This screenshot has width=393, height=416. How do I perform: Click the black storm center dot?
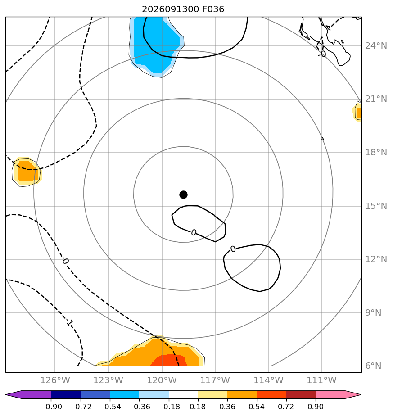[183, 195]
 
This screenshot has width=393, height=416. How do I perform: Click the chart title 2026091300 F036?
[183, 9]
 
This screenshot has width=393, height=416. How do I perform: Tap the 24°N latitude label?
[376, 46]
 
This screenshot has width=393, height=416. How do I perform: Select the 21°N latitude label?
[376, 99]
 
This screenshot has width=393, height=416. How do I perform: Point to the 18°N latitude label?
[376, 153]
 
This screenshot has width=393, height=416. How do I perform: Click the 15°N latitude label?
[376, 206]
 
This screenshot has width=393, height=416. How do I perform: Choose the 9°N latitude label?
[373, 313]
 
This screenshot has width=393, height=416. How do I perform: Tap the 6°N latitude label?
[373, 366]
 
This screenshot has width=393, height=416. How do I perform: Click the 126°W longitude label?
[55, 380]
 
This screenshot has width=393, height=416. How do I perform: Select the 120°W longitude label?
[162, 380]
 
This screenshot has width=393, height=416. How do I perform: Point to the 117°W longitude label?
[215, 380]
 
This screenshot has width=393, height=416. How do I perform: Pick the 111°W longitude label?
[321, 380]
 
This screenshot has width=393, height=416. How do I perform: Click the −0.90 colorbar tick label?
[51, 407]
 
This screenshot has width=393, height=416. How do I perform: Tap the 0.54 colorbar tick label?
[257, 407]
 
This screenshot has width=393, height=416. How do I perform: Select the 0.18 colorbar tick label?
[198, 407]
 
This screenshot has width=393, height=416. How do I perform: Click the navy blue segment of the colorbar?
[66, 395]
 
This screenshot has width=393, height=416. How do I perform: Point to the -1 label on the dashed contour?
[69, 323]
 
